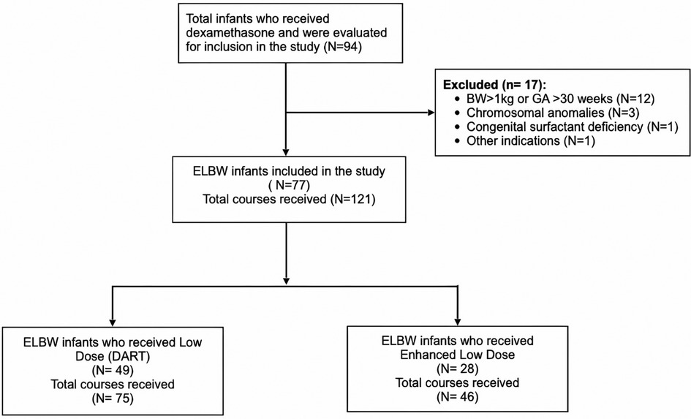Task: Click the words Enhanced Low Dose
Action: click(x=457, y=355)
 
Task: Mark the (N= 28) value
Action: click(x=457, y=369)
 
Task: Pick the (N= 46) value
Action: click(x=457, y=396)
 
